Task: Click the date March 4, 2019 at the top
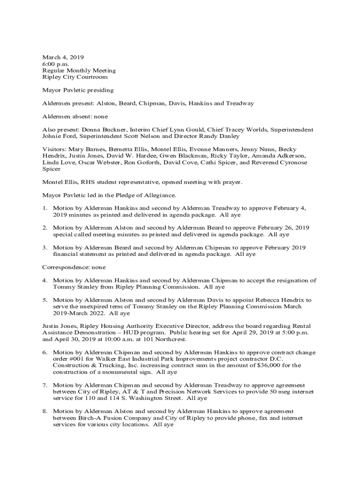tap(63, 57)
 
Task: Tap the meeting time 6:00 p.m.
tap(55, 64)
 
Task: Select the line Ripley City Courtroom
tap(75, 77)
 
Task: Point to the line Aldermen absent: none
tap(75, 116)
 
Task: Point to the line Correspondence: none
tap(74, 267)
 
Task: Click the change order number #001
tap(79, 359)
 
